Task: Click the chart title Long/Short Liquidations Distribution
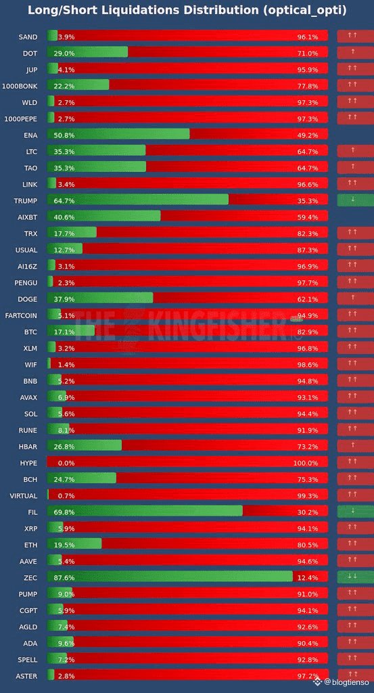point(187,11)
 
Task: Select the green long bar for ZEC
point(169,577)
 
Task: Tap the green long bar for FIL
point(145,511)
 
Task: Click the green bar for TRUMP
point(138,200)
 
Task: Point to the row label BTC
point(30,331)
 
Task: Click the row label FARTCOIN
point(22,315)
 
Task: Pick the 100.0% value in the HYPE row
point(305,463)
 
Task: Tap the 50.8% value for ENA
point(66,135)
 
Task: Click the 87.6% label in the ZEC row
point(66,577)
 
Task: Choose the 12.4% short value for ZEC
point(307,577)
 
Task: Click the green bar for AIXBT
point(103,216)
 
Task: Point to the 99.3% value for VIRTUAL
point(307,495)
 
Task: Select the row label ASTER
point(26,675)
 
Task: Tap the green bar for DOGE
point(100,298)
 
